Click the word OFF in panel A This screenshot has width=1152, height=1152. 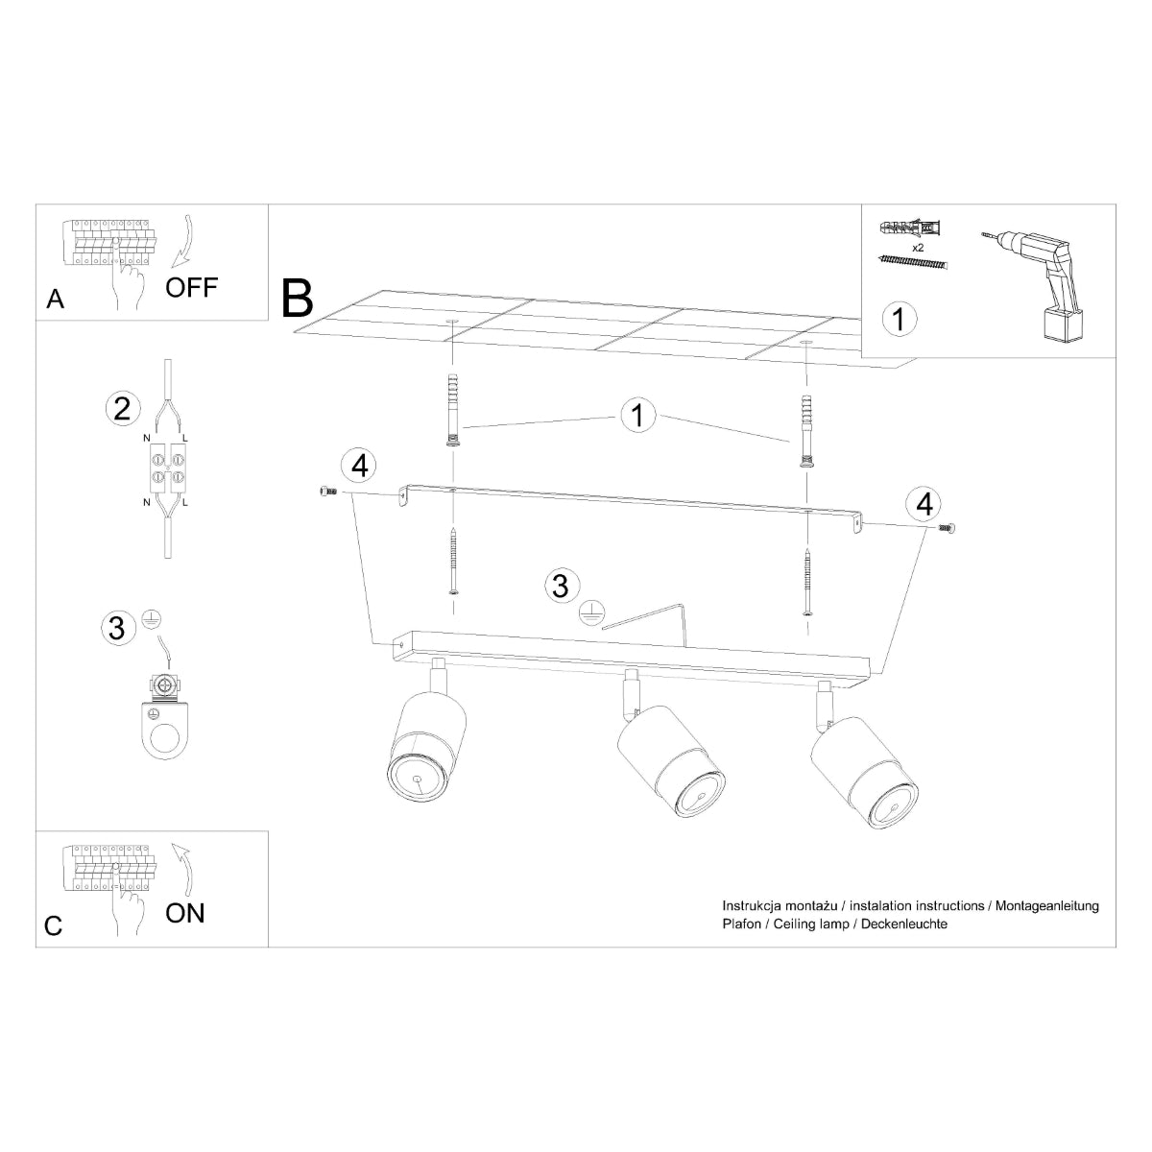click(x=192, y=286)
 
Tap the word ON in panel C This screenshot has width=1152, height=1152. click(x=185, y=912)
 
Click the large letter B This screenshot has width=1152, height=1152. click(x=298, y=298)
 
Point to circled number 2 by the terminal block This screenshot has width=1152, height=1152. click(x=122, y=409)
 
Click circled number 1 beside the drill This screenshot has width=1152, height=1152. click(x=899, y=318)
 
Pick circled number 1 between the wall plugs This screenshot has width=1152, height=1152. click(x=636, y=416)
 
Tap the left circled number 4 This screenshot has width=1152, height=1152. click(x=359, y=466)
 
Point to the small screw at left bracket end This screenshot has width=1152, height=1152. click(x=326, y=491)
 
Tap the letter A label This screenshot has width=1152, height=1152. click(x=55, y=300)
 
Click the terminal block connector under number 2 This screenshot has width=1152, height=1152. click(x=169, y=468)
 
